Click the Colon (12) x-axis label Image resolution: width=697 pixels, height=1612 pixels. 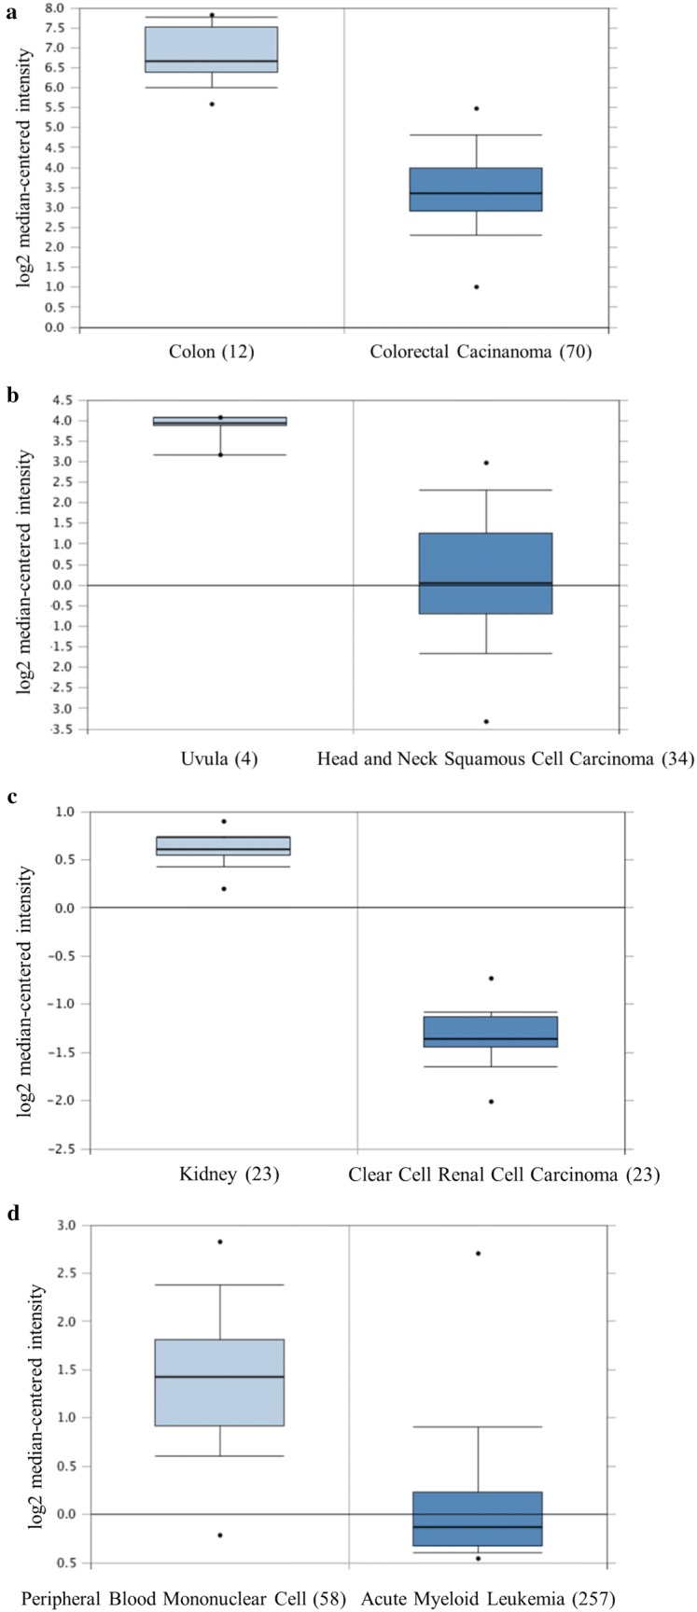point(212,352)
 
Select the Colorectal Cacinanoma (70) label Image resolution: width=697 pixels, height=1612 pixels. point(481,352)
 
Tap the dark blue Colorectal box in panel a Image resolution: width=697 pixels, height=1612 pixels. point(476,189)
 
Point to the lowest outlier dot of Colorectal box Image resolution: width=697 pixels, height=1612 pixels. point(476,286)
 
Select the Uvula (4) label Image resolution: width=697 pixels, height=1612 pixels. point(219,758)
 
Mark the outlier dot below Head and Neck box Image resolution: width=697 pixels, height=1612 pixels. point(485,721)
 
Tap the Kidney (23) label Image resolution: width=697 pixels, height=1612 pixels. point(229,1174)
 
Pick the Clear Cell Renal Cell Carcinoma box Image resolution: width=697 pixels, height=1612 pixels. point(490,1031)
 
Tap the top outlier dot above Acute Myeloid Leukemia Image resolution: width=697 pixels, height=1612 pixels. point(478,1253)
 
